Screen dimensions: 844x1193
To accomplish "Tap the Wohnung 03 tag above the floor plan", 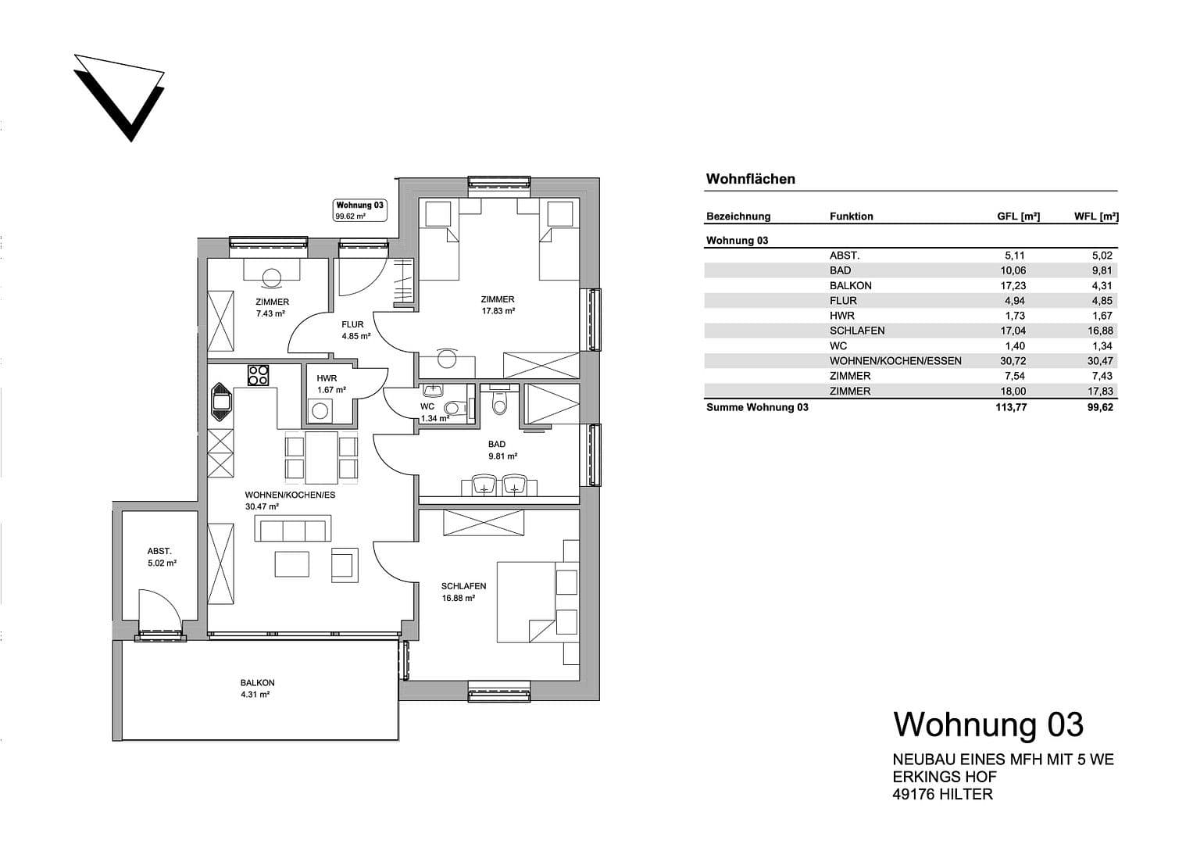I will pyautogui.click(x=360, y=210).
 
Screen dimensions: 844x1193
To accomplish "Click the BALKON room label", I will pyautogui.click(x=257, y=688).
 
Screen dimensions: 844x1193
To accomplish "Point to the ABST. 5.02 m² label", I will pyautogui.click(x=161, y=556).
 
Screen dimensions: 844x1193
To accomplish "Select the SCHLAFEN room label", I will pyautogui.click(x=463, y=592).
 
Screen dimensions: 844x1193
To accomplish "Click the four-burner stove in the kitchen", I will pyautogui.click(x=259, y=376).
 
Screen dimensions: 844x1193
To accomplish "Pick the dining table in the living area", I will pyautogui.click(x=321, y=457).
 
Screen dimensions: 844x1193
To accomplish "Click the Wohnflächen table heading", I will pyautogui.click(x=750, y=179).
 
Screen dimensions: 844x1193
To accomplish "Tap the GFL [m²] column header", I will pyautogui.click(x=1018, y=216).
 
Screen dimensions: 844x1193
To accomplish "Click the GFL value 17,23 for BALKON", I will pyautogui.click(x=1013, y=286).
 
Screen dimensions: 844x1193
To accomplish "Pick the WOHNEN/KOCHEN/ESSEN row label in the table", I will pyautogui.click(x=895, y=361).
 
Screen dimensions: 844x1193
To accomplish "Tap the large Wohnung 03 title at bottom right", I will pyautogui.click(x=988, y=724).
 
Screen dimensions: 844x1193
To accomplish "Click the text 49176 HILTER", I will pyautogui.click(x=942, y=794).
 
